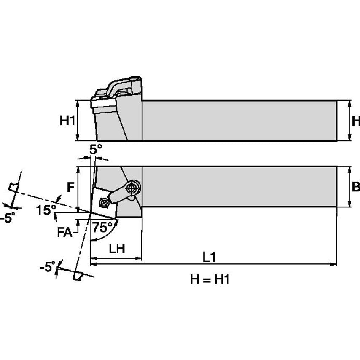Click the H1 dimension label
coord(67,121)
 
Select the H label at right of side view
coord(355,121)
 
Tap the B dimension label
coord(355,187)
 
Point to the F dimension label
coord(71,187)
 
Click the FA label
coord(64,232)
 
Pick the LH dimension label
coord(117,249)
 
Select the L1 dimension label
coord(209,257)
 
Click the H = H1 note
coord(210,279)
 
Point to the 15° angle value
coord(45,210)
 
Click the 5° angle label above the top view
coord(96,149)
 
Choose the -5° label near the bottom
coord(47,267)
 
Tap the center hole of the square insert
coord(104,203)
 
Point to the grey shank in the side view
coord(239,121)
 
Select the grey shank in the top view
coord(239,186)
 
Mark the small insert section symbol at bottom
coord(78,276)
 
